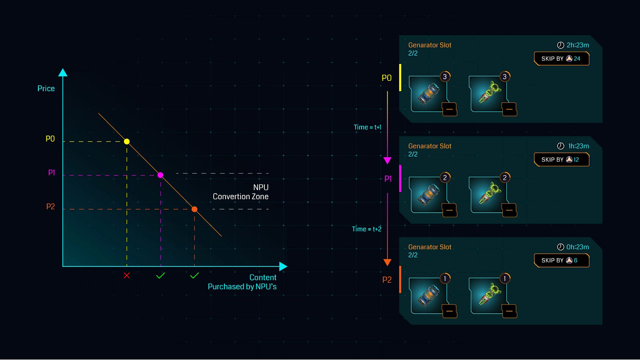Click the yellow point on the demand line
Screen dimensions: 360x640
127,142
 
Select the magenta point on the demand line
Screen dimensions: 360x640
160,175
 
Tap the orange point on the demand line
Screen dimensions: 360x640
194,209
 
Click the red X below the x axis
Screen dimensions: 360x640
127,276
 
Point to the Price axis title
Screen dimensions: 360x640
46,88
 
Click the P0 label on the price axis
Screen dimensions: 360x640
50,139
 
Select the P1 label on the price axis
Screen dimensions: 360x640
52,173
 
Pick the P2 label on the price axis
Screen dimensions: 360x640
50,207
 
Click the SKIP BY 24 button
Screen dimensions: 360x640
561,59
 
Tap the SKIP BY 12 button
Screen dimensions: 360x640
561,160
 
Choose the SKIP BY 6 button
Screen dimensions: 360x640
561,260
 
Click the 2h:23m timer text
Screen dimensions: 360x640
578,45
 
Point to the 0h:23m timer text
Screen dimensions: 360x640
578,247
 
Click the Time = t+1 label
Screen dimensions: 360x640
367,127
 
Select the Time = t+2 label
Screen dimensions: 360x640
366,229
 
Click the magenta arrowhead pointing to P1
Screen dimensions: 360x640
387,160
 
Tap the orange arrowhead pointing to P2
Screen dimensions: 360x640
387,262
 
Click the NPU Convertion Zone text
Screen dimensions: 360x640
241,192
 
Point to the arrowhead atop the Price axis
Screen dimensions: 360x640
63,72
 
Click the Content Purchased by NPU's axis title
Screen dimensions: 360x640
243,282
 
